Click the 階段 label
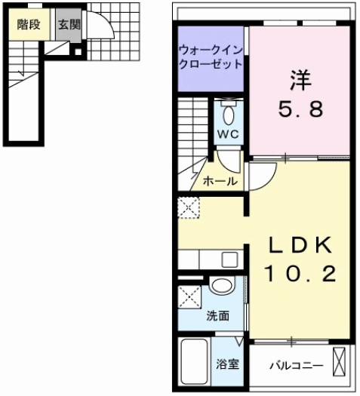click(29, 23)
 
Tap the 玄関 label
click(69, 23)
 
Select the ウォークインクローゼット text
click(211, 57)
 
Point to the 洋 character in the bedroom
click(297, 78)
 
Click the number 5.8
click(297, 109)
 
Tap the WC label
click(228, 134)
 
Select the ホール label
click(220, 182)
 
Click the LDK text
click(297, 247)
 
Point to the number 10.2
click(297, 276)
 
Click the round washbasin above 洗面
click(222, 287)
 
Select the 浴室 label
click(228, 364)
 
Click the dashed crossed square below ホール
click(186, 206)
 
